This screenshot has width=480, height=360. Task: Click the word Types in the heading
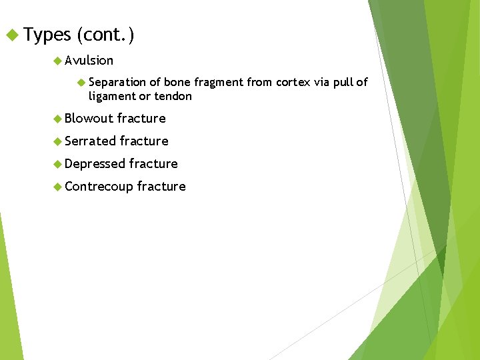pyautogui.click(x=47, y=34)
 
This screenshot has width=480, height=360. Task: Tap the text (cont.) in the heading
pyautogui.click(x=105, y=34)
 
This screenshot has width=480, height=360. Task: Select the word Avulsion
pyautogui.click(x=89, y=61)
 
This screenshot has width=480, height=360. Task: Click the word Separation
pyautogui.click(x=117, y=82)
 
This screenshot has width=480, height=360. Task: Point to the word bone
pyautogui.click(x=177, y=82)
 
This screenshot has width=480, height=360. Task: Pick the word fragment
pyautogui.click(x=219, y=82)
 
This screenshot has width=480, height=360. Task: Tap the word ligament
pyautogui.click(x=111, y=97)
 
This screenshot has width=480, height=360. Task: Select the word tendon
pyautogui.click(x=173, y=96)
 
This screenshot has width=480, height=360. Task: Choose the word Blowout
pyautogui.click(x=89, y=119)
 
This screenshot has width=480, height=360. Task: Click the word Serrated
pyautogui.click(x=91, y=141)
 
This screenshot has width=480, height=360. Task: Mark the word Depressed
pyautogui.click(x=95, y=164)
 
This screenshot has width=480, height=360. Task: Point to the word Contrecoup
pyautogui.click(x=99, y=187)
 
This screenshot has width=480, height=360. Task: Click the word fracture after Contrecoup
pyautogui.click(x=161, y=187)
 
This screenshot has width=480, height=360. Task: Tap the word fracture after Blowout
pyautogui.click(x=141, y=119)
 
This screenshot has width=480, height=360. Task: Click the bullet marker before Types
pyautogui.click(x=11, y=34)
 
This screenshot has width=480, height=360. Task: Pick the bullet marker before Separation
pyautogui.click(x=81, y=82)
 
